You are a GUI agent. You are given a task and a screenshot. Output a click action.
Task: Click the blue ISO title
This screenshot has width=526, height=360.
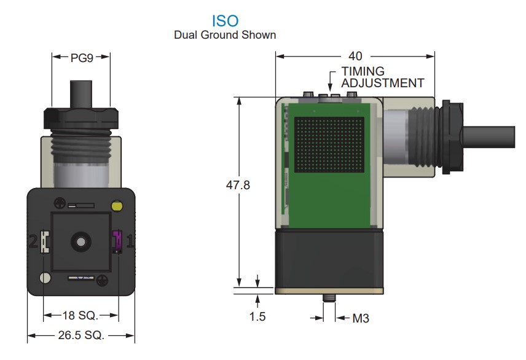[224, 22]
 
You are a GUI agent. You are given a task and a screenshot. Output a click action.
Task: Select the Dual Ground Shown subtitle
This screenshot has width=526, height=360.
[225, 35]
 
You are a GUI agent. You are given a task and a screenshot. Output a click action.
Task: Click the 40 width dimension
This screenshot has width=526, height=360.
[355, 56]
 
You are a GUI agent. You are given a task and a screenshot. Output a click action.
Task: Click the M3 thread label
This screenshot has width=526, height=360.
[360, 318]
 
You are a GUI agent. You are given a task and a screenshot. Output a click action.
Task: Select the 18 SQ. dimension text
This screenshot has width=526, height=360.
[80, 316]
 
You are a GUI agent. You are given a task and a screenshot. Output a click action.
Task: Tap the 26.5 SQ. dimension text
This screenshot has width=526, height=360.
[80, 335]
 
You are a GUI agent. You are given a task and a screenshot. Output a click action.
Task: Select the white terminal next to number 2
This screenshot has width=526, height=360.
[45, 241]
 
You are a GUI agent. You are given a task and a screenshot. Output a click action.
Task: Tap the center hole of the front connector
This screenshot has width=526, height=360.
[79, 241]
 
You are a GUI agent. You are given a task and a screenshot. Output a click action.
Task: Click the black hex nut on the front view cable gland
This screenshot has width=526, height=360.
[80, 117]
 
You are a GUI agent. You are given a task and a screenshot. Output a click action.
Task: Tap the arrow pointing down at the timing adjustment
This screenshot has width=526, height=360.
[332, 82]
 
